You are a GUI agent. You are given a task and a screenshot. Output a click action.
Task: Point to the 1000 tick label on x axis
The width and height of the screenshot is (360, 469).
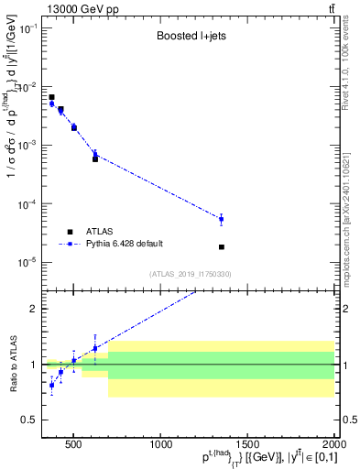(x=161, y=445)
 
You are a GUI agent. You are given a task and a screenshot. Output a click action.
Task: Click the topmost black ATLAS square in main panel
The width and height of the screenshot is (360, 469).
(x=51, y=97)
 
